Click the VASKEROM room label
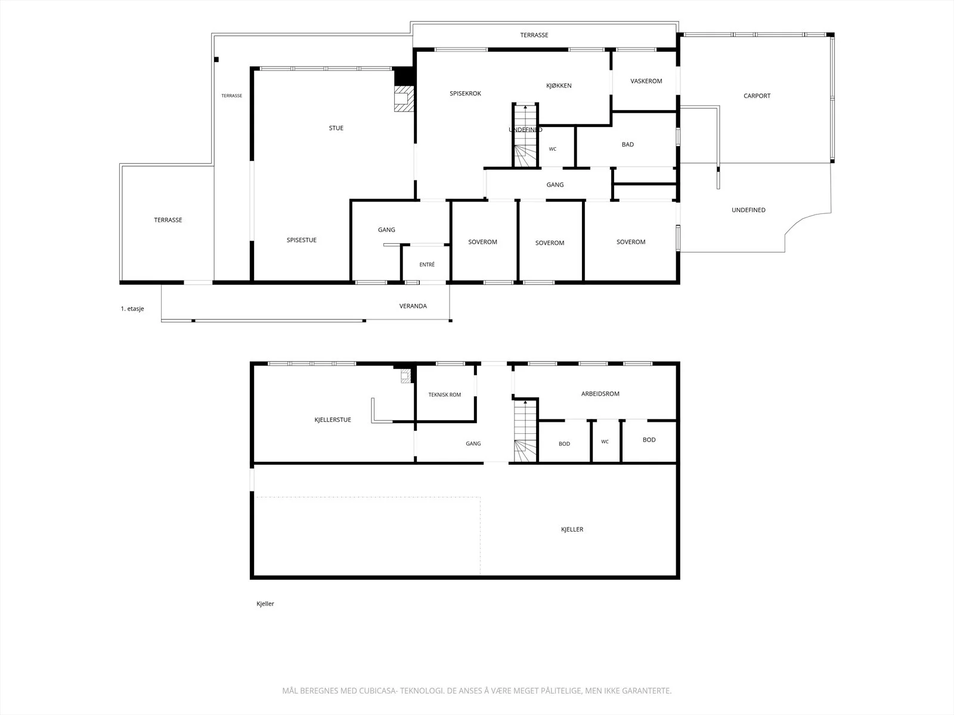[646, 81]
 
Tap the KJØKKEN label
[559, 86]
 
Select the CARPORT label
[757, 96]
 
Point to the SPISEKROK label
[465, 94]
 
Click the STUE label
[336, 128]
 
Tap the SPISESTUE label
[301, 240]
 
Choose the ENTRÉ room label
[427, 265]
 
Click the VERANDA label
[413, 306]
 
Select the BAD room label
[628, 145]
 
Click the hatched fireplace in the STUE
[403, 98]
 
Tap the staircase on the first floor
[525, 135]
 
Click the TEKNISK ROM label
[444, 394]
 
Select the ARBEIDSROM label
[600, 394]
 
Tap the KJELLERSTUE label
[333, 420]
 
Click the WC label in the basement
[605, 442]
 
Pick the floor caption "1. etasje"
[132, 309]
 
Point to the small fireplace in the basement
[405, 375]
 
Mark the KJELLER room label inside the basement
[572, 529]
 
